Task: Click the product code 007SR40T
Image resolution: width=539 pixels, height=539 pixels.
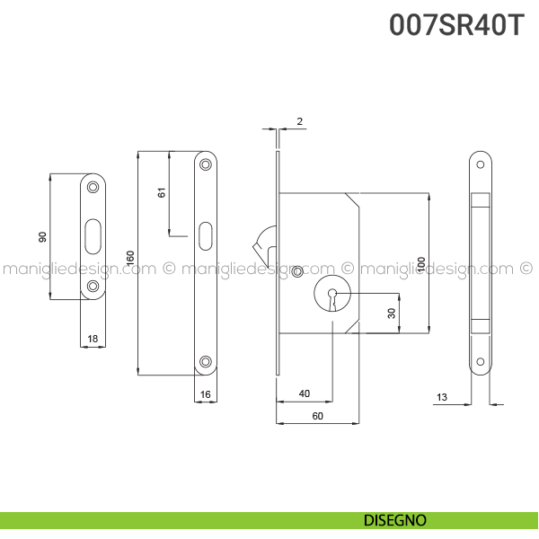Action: point(456,25)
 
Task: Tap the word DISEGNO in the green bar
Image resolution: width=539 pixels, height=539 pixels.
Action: point(395,520)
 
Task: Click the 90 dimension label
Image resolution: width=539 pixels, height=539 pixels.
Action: point(42,237)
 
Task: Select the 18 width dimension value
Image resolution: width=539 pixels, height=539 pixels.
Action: point(93,339)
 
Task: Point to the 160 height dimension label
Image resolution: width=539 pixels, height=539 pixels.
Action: point(130,258)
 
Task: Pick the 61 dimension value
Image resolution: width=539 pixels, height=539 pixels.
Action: point(162,192)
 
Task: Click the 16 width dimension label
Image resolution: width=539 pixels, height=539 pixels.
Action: point(205,394)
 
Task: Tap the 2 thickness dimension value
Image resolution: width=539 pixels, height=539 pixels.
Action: point(300,121)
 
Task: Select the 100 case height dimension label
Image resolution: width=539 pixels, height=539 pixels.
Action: point(421,264)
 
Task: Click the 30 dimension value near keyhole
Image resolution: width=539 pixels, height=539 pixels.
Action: point(392,314)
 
